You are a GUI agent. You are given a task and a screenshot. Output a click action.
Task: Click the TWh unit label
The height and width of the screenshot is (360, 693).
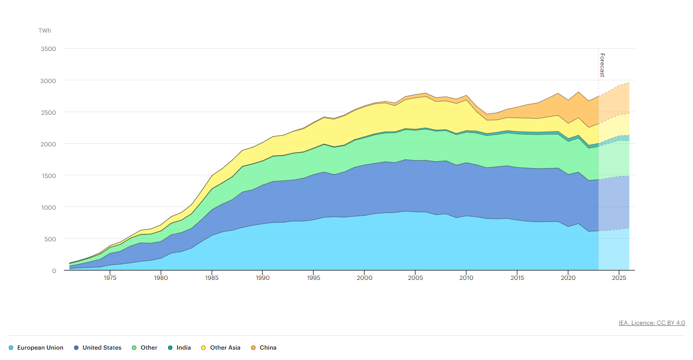tap(45, 31)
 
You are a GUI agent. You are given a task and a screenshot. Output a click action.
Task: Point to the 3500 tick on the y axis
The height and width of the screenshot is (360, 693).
tap(49, 49)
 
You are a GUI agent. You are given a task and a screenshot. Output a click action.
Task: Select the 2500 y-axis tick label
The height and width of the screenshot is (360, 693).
tap(49, 112)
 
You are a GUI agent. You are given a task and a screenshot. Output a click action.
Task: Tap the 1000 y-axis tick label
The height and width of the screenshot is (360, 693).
tap(49, 207)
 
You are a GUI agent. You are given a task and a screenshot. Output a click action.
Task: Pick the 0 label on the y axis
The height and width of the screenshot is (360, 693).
tap(54, 270)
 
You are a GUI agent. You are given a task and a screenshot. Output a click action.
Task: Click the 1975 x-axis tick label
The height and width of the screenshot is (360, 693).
tap(110, 278)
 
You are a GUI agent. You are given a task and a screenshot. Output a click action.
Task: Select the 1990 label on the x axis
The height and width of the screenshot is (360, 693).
tap(263, 278)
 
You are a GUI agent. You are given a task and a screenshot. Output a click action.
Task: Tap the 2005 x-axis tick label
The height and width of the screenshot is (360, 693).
tap(416, 278)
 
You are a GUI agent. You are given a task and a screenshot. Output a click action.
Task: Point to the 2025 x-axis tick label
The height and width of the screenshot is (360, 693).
tap(619, 278)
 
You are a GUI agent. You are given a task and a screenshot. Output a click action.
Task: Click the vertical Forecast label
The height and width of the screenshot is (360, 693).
tap(602, 65)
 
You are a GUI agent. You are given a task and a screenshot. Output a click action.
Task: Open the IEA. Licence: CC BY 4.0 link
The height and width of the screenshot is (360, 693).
tap(651, 323)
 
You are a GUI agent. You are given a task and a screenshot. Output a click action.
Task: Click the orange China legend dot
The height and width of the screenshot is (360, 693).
tap(253, 348)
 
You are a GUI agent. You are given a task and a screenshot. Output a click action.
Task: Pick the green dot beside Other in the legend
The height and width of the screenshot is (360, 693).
tap(135, 348)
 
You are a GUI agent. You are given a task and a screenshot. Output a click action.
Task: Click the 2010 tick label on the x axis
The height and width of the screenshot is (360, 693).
tap(466, 278)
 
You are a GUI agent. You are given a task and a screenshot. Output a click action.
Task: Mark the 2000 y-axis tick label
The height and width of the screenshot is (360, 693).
tap(49, 144)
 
